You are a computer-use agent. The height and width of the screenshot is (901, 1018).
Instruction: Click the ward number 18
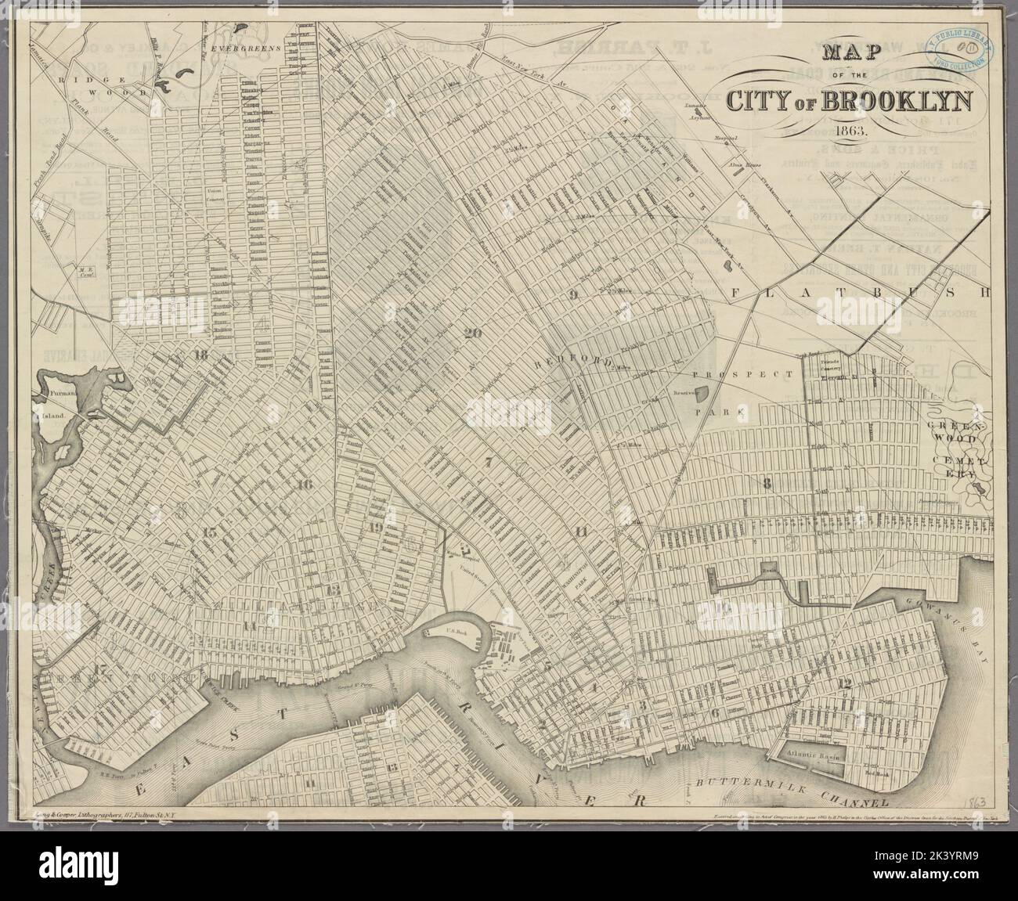tap(200, 354)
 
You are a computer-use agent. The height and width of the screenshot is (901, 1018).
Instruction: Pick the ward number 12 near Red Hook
tap(843, 683)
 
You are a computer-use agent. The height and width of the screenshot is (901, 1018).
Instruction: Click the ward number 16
tap(305, 485)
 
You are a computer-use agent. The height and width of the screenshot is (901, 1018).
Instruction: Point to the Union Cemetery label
tap(214, 193)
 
